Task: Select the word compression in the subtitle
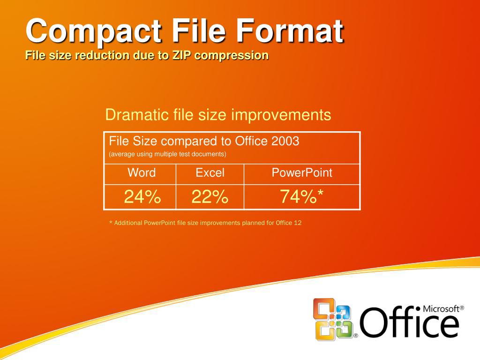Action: (x=232, y=55)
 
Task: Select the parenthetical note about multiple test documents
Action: (x=167, y=154)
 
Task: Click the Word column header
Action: (x=141, y=172)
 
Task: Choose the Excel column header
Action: (x=210, y=172)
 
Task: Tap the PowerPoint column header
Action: (x=302, y=172)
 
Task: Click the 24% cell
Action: (x=142, y=197)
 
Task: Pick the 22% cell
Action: (x=210, y=197)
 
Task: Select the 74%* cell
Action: (x=302, y=197)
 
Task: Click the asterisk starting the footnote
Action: (x=111, y=223)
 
